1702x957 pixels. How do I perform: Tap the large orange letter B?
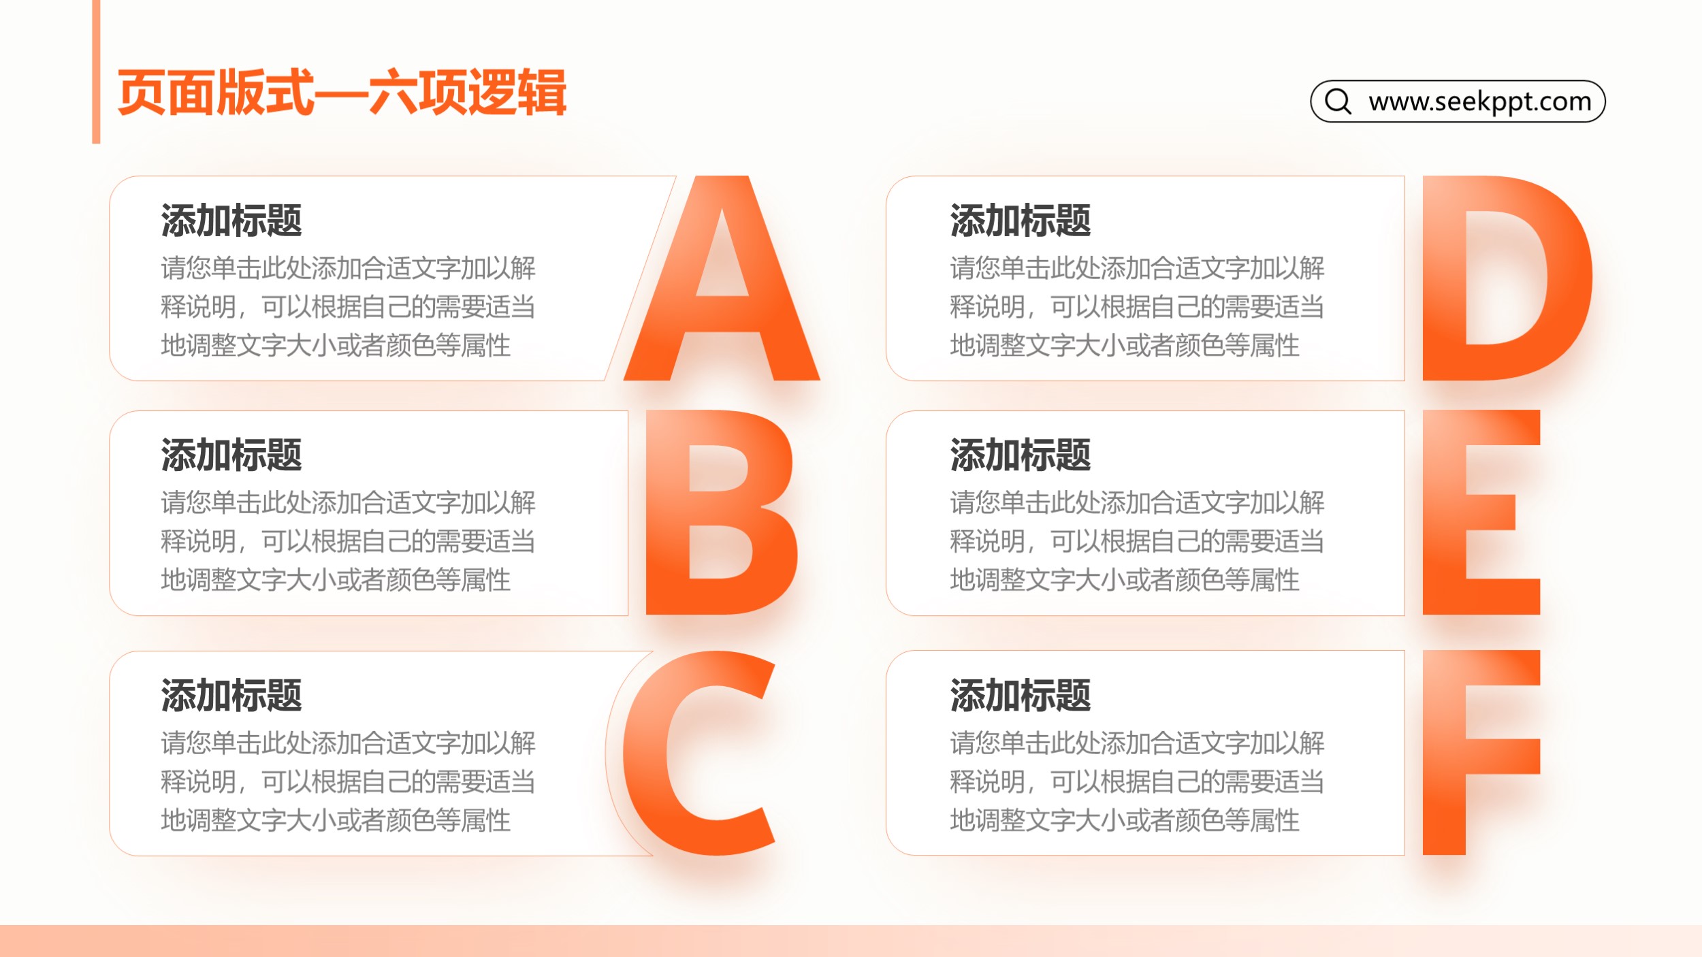667,512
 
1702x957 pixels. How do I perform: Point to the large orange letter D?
1443,278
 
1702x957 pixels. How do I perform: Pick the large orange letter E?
1444,512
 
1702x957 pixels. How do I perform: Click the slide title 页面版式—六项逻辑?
342,92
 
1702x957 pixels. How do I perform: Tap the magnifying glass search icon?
1338,101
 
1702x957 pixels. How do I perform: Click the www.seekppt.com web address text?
1480,101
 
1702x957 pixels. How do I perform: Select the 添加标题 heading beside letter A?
231,221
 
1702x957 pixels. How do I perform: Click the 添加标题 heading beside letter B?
231,455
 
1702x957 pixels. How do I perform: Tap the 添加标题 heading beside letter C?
231,695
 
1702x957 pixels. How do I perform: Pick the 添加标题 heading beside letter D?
1021,221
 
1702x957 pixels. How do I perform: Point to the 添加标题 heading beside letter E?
1021,455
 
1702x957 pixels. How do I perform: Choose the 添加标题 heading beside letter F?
1021,695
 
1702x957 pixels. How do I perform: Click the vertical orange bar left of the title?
96,71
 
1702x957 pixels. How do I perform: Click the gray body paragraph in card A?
348,306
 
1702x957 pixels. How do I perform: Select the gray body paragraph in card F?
1137,781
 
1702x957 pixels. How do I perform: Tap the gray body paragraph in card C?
348,781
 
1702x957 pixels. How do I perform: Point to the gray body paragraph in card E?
1137,540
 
